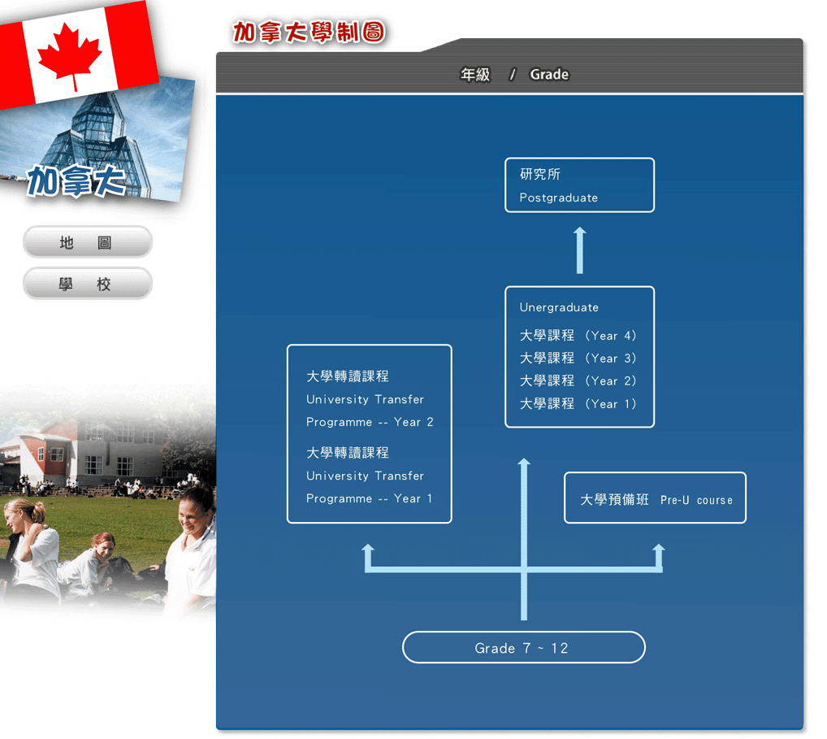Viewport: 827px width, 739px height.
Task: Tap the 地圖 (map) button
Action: pos(88,242)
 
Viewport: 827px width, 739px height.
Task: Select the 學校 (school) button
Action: pos(88,284)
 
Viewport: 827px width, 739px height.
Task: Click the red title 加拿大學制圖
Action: pos(309,33)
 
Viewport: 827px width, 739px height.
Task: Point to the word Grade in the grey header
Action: pos(549,75)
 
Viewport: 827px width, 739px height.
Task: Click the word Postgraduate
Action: pos(559,198)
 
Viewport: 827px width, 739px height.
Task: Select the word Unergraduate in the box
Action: pos(559,307)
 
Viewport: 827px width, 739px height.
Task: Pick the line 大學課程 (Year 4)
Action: pos(578,336)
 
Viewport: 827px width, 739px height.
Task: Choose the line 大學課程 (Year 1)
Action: pos(578,404)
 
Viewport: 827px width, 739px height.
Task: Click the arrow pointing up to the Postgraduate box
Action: pos(580,250)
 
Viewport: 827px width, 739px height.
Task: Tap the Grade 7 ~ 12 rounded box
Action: pos(524,647)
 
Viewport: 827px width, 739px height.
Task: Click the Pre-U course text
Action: pos(696,500)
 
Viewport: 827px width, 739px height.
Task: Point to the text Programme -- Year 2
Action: pos(370,422)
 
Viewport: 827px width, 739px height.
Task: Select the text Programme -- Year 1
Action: pos(369,499)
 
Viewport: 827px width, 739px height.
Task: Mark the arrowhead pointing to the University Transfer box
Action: pos(368,549)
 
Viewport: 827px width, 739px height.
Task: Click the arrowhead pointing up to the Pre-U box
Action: pos(659,549)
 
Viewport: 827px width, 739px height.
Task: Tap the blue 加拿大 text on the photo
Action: pos(77,180)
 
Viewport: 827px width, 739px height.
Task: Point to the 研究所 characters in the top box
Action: pos(539,174)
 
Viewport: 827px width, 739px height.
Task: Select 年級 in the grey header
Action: pos(475,75)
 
